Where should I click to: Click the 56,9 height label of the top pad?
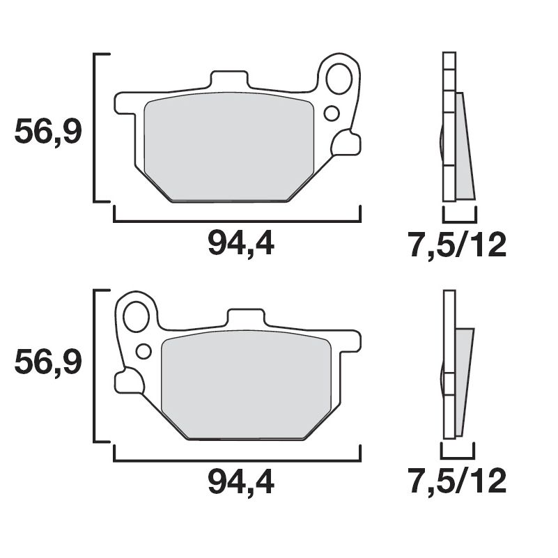click(x=48, y=132)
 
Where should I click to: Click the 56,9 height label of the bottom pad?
click(x=48, y=362)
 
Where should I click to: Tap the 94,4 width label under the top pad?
click(x=241, y=243)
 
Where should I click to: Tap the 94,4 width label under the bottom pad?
click(x=241, y=482)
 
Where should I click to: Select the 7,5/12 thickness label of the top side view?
click(x=458, y=245)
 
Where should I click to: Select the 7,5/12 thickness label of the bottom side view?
click(x=458, y=481)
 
